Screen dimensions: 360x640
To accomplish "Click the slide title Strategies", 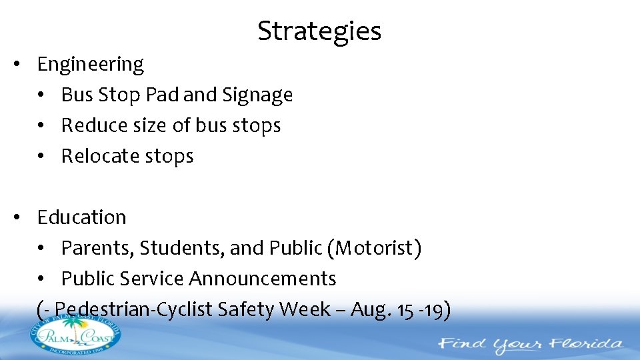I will [319, 31].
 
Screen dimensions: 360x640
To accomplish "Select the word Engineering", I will [91, 65].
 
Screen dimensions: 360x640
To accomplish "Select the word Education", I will [82, 217].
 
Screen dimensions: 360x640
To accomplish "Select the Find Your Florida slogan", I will [530, 345].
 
